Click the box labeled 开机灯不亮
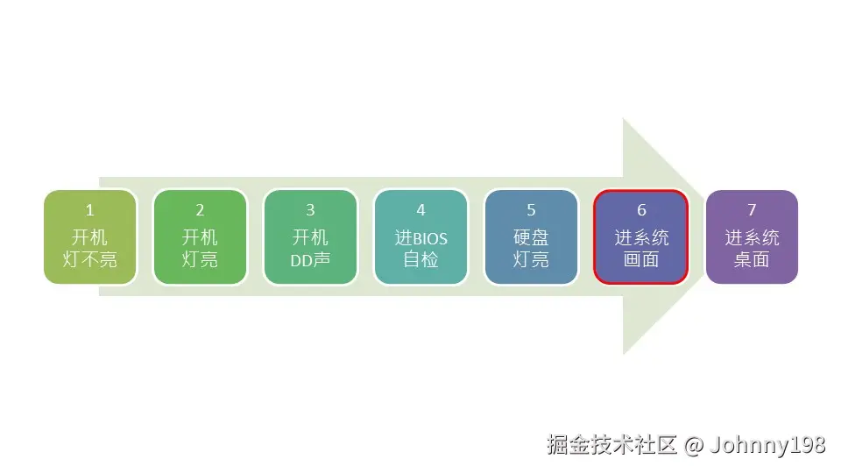[x=90, y=236]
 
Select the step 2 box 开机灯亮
[x=200, y=236]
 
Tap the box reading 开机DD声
[x=310, y=236]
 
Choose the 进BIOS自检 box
[x=420, y=236]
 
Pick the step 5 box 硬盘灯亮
[x=531, y=236]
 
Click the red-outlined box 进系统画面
[x=641, y=236]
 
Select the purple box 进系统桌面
[x=752, y=236]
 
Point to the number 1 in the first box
[x=89, y=210]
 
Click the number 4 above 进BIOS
[x=420, y=210]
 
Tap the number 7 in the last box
[x=752, y=210]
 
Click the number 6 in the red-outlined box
[x=641, y=210]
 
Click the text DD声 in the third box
[x=310, y=260]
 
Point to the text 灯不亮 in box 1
[x=90, y=260]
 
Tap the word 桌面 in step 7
[x=752, y=260]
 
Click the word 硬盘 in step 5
[x=531, y=237]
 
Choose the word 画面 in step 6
[x=641, y=260]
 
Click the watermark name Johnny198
[x=768, y=445]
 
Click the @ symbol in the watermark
[x=693, y=445]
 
